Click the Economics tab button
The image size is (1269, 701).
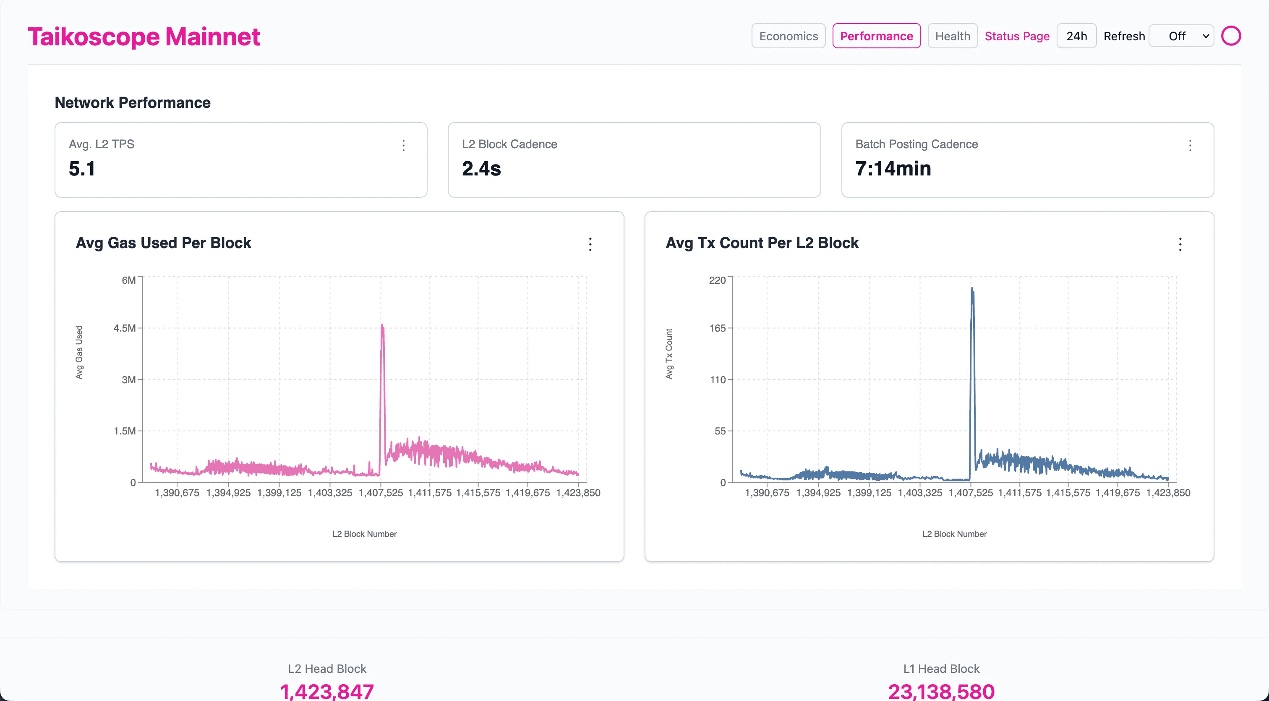(x=788, y=36)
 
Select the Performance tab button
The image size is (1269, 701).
(x=876, y=36)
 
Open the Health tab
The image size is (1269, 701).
(x=952, y=36)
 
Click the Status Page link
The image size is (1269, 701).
(x=1017, y=36)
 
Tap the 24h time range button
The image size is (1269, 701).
(x=1076, y=36)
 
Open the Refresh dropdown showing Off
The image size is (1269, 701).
(x=1181, y=36)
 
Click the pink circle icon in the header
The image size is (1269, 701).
(x=1230, y=36)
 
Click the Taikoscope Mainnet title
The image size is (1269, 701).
(x=144, y=37)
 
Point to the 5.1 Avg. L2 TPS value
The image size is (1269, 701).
(x=82, y=168)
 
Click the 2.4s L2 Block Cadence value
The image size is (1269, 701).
(x=481, y=168)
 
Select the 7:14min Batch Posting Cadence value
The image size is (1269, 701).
(x=893, y=168)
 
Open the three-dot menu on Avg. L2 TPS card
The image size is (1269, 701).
(x=403, y=145)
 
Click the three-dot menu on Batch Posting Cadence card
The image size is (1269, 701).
(x=1190, y=145)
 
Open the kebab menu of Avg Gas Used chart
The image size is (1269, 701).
(x=590, y=244)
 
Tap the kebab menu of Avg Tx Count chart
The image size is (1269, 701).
(x=1180, y=244)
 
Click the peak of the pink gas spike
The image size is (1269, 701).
(x=382, y=325)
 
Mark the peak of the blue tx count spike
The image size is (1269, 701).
(x=971, y=288)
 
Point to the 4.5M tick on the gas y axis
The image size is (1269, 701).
(x=125, y=328)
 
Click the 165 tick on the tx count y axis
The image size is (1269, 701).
(x=717, y=328)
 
